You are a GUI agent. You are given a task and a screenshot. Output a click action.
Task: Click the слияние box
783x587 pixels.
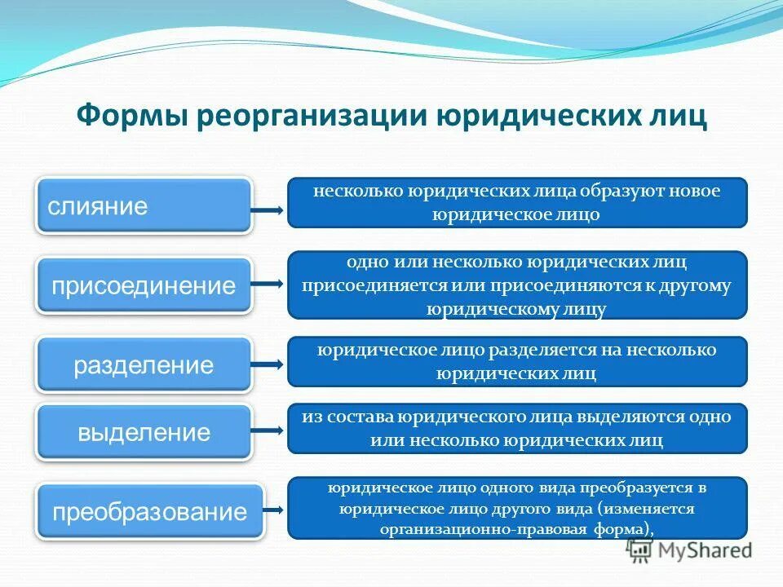144,206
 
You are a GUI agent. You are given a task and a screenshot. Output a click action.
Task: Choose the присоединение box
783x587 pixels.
144,285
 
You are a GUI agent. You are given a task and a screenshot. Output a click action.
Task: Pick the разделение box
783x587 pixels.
144,365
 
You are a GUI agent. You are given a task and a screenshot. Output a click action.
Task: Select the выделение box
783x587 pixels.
144,432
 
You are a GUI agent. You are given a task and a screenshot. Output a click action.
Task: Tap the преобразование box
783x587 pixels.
150,512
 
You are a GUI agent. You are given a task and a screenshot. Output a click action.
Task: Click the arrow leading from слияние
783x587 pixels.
267,210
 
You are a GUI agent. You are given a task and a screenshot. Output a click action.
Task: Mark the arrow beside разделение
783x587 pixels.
267,365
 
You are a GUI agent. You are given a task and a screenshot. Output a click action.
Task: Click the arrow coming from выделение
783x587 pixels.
267,432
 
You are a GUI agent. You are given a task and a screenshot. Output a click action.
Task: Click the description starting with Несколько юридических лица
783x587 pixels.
517,202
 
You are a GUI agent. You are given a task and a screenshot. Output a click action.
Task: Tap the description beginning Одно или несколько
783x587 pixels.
517,285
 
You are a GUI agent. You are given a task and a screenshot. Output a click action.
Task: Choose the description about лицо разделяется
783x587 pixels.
517,361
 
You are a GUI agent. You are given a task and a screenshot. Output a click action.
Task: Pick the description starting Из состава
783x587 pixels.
517,428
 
